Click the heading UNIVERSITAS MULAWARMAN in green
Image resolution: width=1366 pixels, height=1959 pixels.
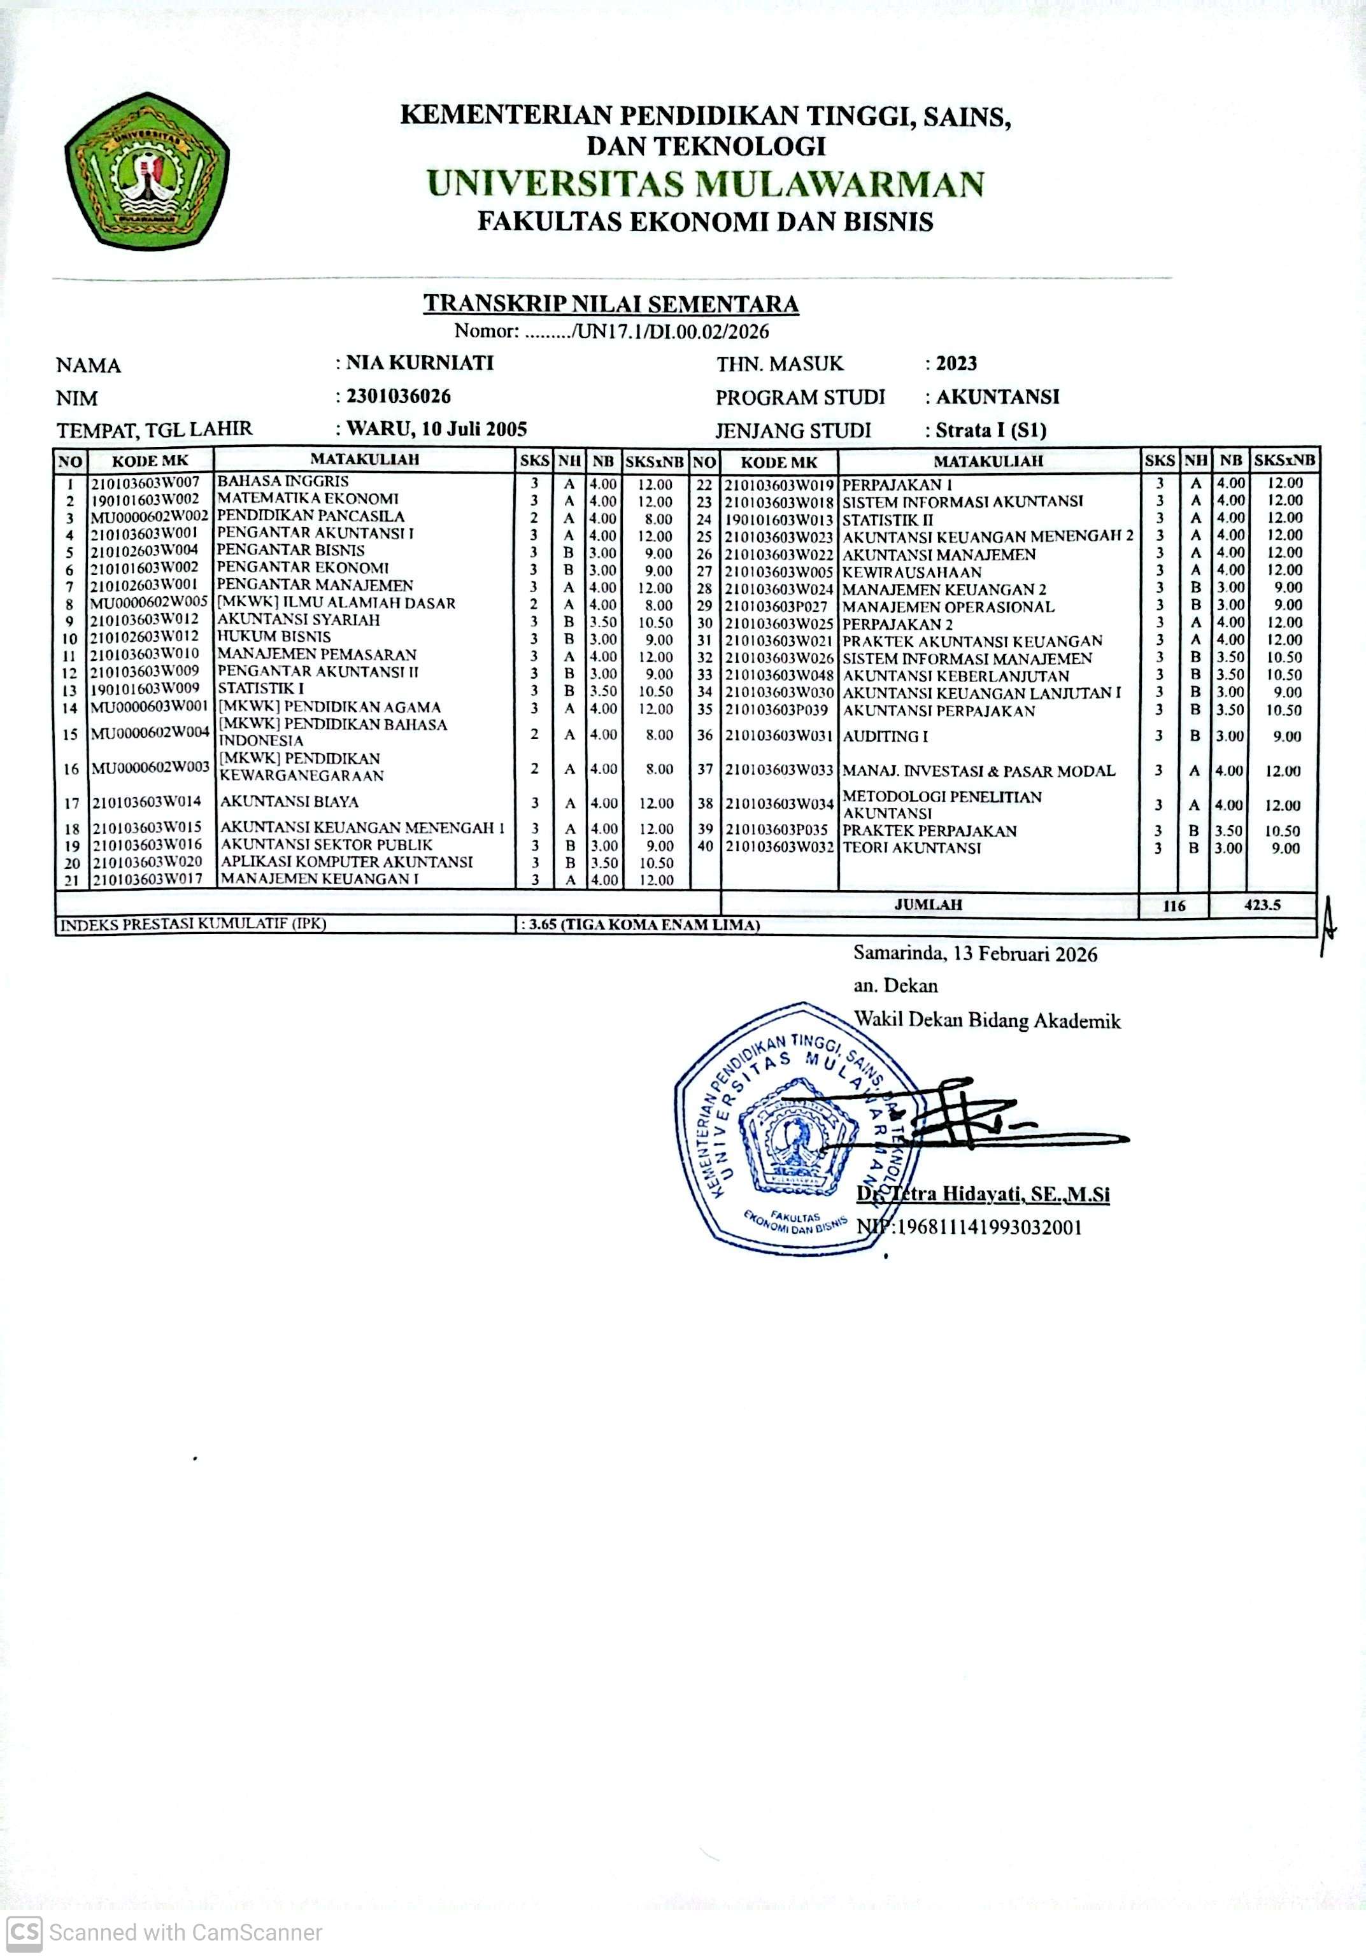point(705,184)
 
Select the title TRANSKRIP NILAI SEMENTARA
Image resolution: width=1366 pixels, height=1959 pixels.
point(611,304)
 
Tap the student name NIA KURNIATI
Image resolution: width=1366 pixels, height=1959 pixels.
point(420,364)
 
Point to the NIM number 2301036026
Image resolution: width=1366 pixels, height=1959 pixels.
point(399,397)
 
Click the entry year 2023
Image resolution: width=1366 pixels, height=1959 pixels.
point(957,364)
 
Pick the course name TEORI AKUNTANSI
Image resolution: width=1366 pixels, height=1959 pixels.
point(911,848)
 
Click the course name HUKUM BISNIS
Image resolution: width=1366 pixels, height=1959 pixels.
point(274,637)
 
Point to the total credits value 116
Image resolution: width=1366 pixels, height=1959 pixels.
point(1174,906)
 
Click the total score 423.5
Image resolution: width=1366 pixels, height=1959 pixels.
point(1262,905)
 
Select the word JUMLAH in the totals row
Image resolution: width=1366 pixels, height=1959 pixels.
point(928,905)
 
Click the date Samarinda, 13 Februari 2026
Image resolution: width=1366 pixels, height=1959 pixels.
point(975,954)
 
